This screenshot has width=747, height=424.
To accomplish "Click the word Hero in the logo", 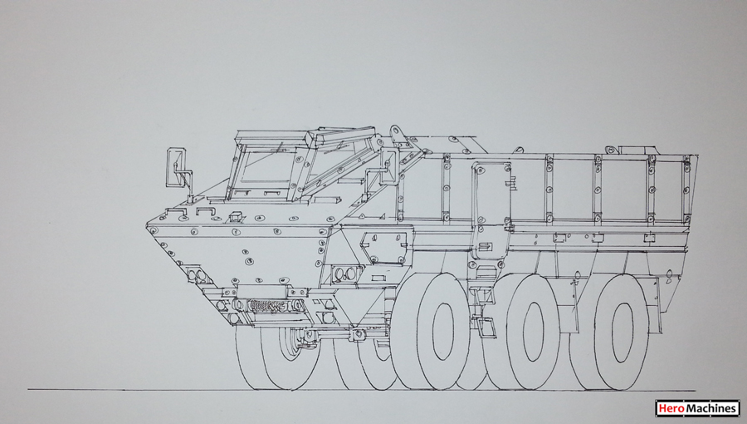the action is pos(667,409).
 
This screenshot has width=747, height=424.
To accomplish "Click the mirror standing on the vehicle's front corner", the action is pos(175,167).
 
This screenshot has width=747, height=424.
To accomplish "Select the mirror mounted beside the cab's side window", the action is pos(388,165).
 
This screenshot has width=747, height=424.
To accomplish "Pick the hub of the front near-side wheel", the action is pos(443,331).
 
